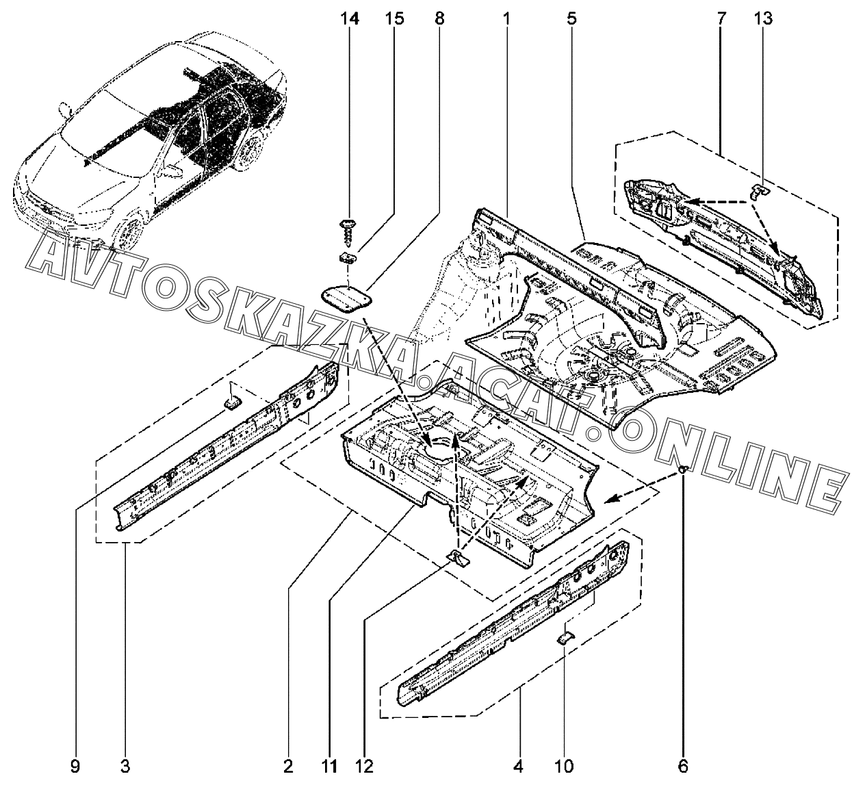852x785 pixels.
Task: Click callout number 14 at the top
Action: pos(350,18)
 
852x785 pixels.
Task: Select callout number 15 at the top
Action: pos(394,18)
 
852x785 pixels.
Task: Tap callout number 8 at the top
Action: pos(439,18)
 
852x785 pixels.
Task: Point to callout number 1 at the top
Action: pos(506,18)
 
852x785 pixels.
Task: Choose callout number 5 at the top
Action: pos(571,18)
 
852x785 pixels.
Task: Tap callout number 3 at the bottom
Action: pos(126,766)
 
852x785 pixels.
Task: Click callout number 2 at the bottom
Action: pos(288,766)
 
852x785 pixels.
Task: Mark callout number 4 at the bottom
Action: pos(520,766)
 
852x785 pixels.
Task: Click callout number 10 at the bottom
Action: pos(565,766)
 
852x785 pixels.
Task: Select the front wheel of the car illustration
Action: pos(127,233)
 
